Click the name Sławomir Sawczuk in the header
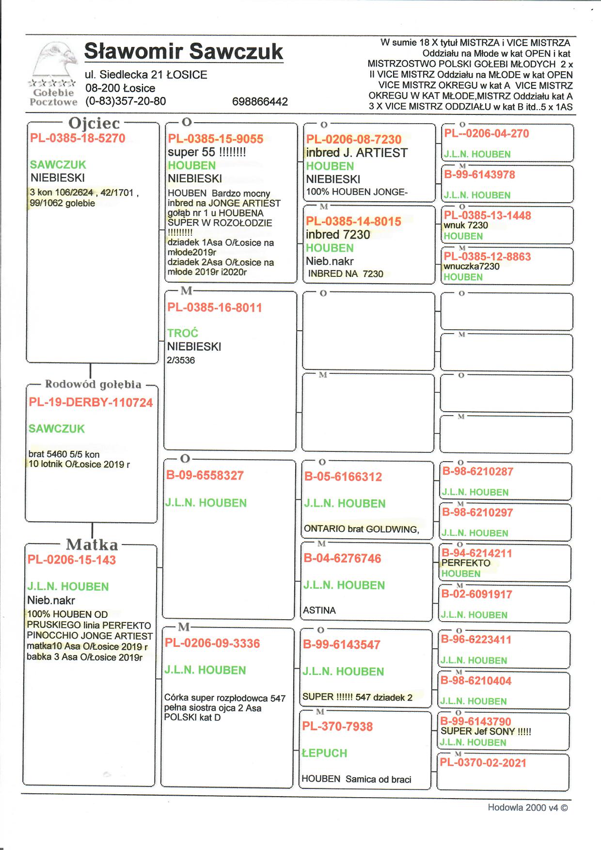tap(184, 51)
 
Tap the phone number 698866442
tap(260, 101)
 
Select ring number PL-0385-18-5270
tap(78, 138)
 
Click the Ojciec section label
tap(94, 124)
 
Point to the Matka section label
tap(92, 544)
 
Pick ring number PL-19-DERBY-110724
tap(91, 402)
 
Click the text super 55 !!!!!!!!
tap(207, 152)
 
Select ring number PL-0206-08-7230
tap(354, 140)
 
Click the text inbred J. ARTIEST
tap(357, 153)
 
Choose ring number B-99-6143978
tap(479, 175)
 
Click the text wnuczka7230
tap(472, 266)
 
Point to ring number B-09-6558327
tap(205, 475)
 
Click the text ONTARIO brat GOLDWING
tap(362, 529)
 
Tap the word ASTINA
tap(319, 610)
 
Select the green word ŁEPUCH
tap(325, 753)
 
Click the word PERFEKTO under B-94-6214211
tap(466, 563)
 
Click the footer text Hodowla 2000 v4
tap(527, 808)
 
